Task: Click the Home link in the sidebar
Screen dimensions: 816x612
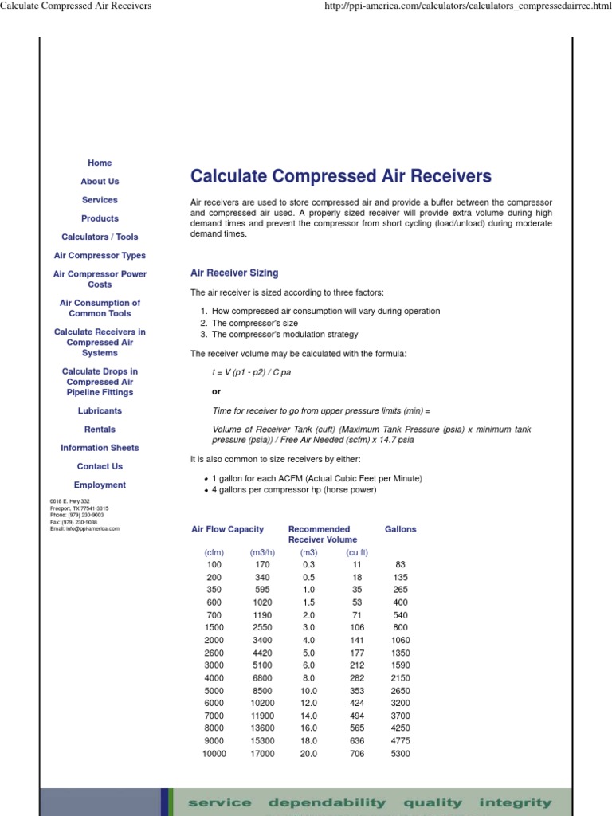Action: (100, 163)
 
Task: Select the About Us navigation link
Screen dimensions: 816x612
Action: (100, 182)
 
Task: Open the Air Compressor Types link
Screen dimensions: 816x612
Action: (100, 256)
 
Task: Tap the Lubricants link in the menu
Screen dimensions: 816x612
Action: (100, 411)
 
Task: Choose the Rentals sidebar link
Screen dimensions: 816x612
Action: (100, 430)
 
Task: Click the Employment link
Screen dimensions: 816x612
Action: (100, 485)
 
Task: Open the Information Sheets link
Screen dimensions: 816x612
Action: (100, 448)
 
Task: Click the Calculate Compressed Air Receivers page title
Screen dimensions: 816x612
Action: (341, 176)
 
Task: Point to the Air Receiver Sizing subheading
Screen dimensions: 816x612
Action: (234, 273)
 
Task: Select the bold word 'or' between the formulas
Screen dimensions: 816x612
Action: (216, 392)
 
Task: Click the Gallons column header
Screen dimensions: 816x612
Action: (400, 529)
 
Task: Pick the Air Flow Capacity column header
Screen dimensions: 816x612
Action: (227, 529)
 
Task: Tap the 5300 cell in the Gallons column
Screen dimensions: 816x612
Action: (400, 754)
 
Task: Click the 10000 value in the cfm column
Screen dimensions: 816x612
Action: (214, 754)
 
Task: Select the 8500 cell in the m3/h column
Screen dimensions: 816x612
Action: (262, 691)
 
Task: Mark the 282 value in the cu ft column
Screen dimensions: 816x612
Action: (357, 678)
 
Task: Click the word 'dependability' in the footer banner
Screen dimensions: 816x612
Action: (327, 803)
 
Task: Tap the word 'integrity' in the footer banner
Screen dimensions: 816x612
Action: (515, 803)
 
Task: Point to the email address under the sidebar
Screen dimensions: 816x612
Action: (84, 528)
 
